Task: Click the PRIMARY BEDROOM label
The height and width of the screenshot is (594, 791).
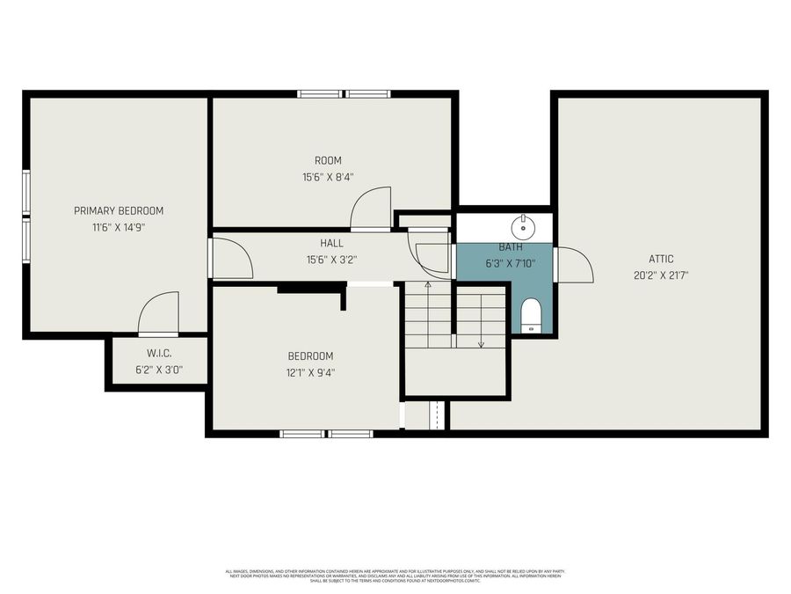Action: pos(119,210)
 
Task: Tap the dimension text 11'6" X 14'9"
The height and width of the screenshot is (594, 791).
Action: pos(119,226)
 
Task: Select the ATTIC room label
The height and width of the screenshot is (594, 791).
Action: pos(661,259)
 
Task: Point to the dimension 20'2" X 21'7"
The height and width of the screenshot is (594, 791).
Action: pos(661,275)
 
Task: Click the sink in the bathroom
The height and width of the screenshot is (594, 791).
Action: pos(525,225)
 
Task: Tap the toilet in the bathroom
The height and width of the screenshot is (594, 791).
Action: pos(530,314)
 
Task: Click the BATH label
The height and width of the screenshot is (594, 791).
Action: pos(511,248)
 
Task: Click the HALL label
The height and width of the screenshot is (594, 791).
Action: pos(331,243)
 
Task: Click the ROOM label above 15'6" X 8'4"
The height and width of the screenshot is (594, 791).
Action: pos(328,160)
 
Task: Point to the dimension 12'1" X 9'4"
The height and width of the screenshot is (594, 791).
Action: pos(311,372)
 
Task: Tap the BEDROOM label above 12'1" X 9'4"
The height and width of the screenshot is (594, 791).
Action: pos(311,356)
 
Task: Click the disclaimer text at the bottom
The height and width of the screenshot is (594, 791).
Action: pos(395,576)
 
